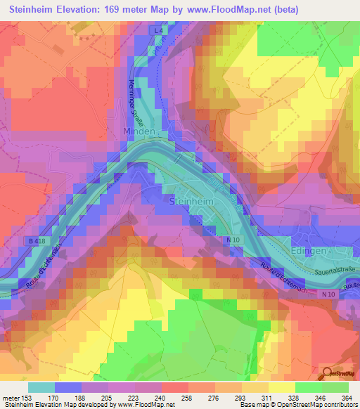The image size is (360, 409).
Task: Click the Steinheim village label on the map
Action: (191, 201)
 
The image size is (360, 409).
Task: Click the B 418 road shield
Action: (39, 241)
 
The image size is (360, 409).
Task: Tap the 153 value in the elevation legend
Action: (27, 398)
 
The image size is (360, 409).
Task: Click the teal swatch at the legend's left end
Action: (41, 387)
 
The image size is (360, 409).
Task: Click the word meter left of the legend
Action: (11, 398)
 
